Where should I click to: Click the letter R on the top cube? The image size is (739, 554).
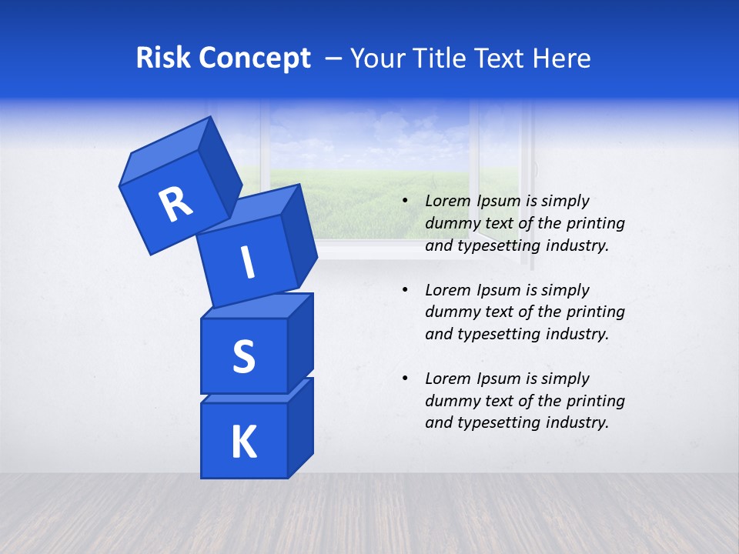pos(176,205)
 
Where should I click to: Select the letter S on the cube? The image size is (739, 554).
pos(243,356)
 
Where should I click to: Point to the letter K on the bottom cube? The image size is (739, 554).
pos(243,442)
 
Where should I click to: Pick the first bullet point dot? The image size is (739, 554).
pos(406,202)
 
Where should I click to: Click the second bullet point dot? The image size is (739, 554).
pos(406,290)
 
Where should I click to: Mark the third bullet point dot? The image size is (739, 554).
pos(406,379)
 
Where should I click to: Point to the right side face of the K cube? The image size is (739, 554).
pos(300,427)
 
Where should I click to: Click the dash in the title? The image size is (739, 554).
pos(334,58)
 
